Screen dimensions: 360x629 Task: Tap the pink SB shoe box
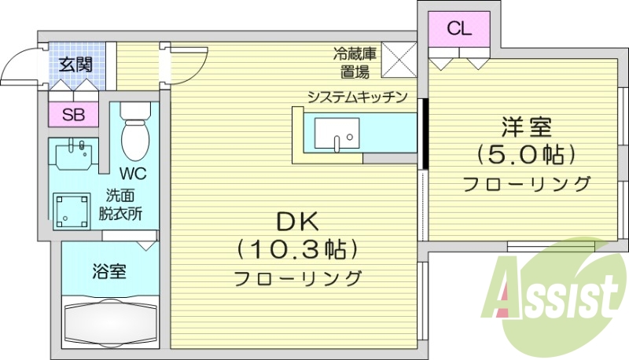[74, 115]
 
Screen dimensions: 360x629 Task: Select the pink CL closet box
[459, 29]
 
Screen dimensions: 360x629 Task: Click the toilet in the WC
[136, 134]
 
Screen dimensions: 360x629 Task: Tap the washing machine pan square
[74, 210]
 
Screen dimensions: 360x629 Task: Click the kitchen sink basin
[336, 135]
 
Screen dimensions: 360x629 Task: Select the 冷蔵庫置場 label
[355, 64]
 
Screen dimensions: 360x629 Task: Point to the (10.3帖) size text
[298, 250]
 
